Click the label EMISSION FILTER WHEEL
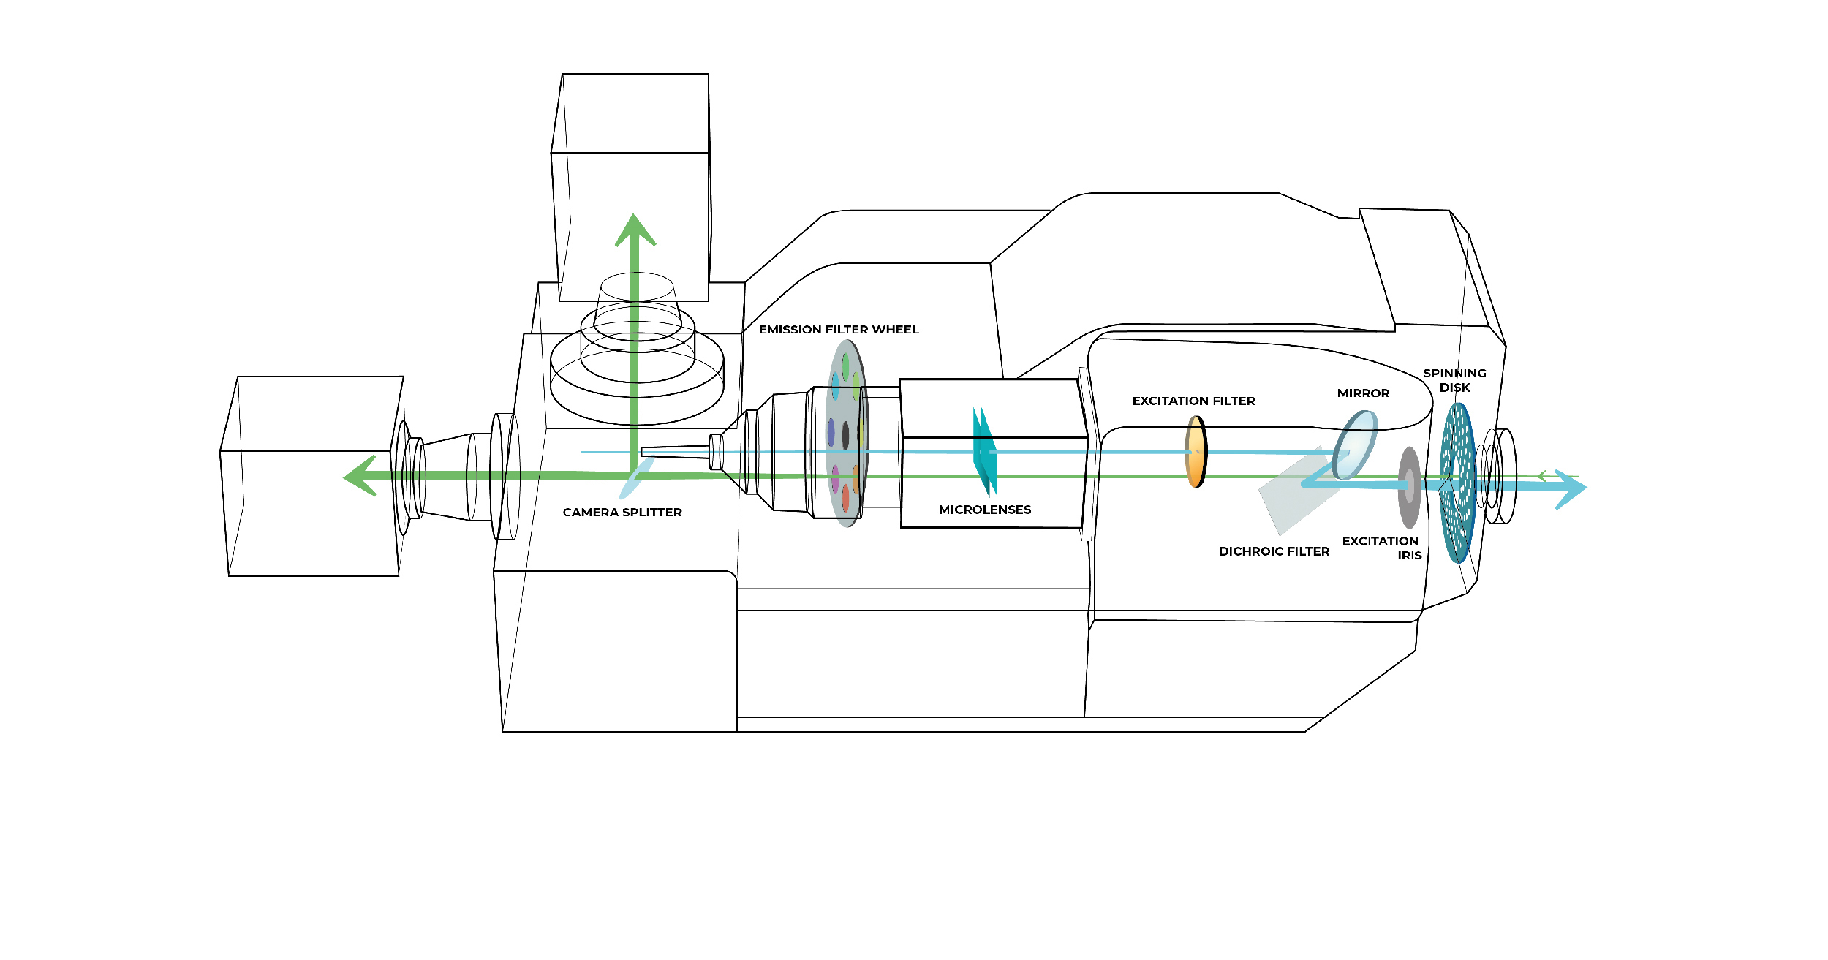coord(838,330)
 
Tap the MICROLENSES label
coord(984,510)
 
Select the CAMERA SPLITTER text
coord(622,513)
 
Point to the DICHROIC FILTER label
coord(1274,551)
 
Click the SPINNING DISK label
coord(1454,380)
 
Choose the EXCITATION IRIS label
coord(1382,548)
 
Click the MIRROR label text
coord(1363,393)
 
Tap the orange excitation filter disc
coord(1196,451)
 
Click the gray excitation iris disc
coord(1409,488)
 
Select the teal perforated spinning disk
coord(1457,483)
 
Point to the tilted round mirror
coord(1356,443)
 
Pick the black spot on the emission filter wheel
coord(845,436)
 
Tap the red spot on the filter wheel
coord(845,498)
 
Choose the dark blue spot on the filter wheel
coord(831,432)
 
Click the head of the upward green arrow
coord(634,230)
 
